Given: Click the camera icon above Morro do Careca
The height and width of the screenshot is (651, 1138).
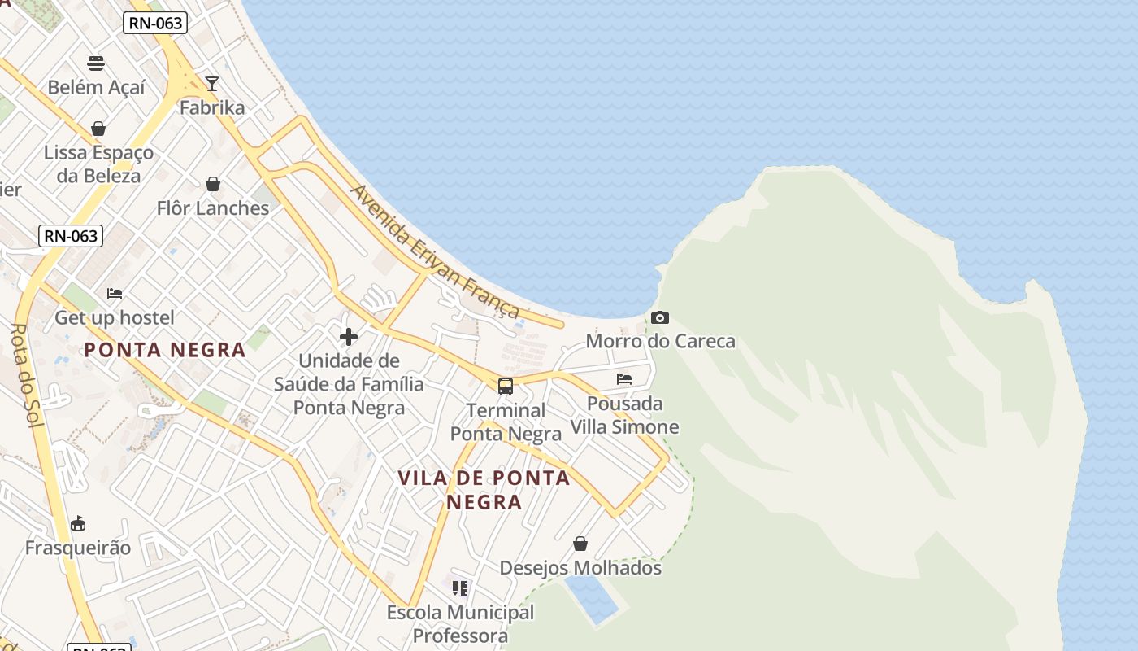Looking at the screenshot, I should coord(660,317).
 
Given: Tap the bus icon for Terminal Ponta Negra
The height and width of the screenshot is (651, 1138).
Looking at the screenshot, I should coord(506,386).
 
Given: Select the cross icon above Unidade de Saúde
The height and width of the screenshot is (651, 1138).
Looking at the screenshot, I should coord(349,336).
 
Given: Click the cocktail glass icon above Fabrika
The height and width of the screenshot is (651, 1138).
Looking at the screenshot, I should coord(212,83).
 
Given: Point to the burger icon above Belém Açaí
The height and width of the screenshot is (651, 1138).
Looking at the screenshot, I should coord(96,63).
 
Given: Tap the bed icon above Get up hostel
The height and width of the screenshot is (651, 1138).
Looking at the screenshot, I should coord(115,293).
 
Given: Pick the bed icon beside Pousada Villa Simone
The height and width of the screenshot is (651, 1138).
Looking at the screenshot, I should coord(624,379).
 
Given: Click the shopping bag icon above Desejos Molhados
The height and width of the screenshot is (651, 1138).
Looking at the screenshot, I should coord(580,543).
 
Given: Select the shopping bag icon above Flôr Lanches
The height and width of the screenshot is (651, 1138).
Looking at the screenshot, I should coord(213,184).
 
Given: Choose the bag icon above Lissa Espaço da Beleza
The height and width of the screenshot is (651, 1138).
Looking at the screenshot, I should coord(98,129).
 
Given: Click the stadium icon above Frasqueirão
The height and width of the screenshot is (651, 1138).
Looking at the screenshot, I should coord(78,523).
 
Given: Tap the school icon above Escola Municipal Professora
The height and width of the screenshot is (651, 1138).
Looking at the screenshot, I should coord(460,588).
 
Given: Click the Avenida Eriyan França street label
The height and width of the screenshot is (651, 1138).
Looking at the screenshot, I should coord(435,251).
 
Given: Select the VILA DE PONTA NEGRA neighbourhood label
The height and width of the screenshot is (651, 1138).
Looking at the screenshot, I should coord(484,489).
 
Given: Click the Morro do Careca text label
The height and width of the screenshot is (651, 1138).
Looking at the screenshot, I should coord(660,341).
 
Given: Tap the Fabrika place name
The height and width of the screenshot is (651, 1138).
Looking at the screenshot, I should coord(212,107).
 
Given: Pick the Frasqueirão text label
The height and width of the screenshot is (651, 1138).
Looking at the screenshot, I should coord(78,548).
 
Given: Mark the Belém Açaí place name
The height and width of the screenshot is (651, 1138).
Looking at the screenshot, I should coord(96,87).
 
